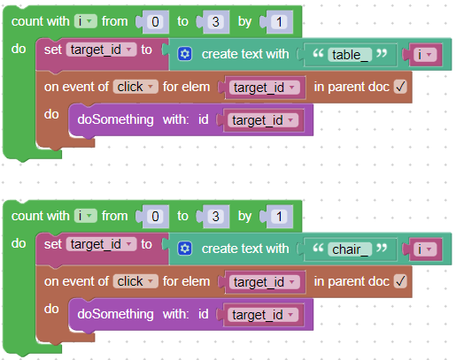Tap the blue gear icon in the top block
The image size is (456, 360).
[x=185, y=54]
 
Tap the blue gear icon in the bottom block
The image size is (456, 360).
[x=185, y=249]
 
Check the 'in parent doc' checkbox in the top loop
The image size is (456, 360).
[x=400, y=87]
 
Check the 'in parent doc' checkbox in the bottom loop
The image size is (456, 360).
[x=400, y=281]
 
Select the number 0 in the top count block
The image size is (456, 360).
[x=155, y=22]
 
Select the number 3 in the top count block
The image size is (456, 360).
[x=216, y=22]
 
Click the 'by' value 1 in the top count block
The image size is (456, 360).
[x=279, y=22]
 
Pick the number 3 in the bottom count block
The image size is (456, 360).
[x=216, y=217]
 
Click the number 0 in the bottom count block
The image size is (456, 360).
[x=155, y=217]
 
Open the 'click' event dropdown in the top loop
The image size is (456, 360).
[x=135, y=87]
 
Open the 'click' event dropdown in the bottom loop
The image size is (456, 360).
[x=135, y=281]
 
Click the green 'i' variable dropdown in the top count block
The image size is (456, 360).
[x=85, y=21]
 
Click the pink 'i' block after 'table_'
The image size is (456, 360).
[x=425, y=55]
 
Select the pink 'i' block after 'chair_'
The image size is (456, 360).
[x=425, y=249]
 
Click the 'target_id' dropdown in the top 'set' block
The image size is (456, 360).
[x=101, y=50]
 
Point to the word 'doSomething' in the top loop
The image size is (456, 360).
[x=115, y=119]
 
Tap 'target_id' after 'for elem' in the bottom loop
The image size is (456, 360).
[x=265, y=282]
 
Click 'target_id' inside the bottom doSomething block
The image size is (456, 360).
[x=263, y=315]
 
